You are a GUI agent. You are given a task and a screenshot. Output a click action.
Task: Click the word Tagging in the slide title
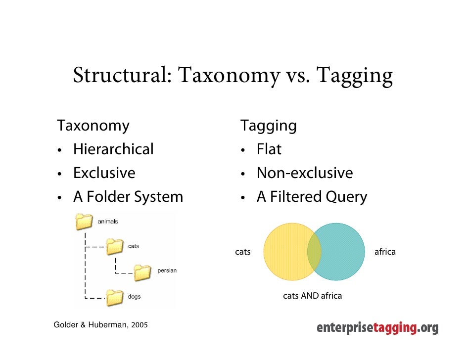click(x=354, y=76)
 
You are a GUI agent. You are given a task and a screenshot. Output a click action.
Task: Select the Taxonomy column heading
click(x=93, y=126)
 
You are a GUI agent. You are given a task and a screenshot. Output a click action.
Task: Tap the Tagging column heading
click(x=269, y=126)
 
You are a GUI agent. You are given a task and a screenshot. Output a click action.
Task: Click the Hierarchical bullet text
click(x=113, y=149)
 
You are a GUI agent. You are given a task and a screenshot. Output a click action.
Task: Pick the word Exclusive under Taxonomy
click(x=104, y=173)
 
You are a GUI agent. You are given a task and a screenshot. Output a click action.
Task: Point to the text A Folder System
click(x=128, y=197)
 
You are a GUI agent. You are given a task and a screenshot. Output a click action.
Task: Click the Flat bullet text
click(x=269, y=149)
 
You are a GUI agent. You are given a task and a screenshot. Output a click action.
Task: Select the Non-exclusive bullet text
click(x=304, y=173)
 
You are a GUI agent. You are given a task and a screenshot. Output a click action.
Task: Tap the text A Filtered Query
click(x=312, y=197)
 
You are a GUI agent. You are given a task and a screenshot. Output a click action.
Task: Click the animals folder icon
click(x=85, y=222)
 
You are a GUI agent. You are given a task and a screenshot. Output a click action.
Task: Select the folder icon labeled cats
click(x=115, y=246)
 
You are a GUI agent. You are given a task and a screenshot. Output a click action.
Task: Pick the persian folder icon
click(x=143, y=271)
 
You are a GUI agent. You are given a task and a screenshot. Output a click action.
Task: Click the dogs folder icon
click(x=115, y=297)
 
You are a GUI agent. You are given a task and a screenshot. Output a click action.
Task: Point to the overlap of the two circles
click(x=314, y=252)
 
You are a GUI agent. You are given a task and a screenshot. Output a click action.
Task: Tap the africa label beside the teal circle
click(x=385, y=252)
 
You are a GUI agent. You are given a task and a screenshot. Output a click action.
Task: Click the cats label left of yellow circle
click(x=242, y=252)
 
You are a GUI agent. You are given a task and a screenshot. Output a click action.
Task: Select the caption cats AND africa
click(x=312, y=296)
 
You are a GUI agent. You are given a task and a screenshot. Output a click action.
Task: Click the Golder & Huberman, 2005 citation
click(x=100, y=325)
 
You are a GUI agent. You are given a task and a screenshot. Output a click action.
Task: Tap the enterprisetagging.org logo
click(x=377, y=328)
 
